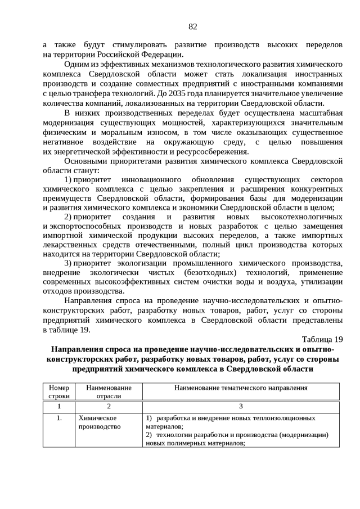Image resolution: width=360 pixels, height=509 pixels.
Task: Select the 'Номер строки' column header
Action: (x=58, y=391)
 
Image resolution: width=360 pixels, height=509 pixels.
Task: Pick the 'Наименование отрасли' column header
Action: (x=109, y=391)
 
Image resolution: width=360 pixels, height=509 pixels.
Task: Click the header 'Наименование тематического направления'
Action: (x=241, y=388)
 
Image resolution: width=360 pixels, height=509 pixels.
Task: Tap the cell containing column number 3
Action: (x=241, y=407)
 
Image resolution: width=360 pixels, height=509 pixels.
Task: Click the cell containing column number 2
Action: (x=109, y=407)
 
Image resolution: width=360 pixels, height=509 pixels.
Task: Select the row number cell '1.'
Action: (x=58, y=419)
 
